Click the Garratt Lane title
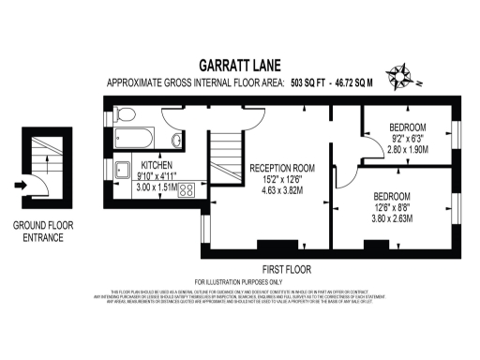click(239, 66)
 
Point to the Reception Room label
click(281, 168)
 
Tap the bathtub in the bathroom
click(139, 139)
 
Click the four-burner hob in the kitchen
click(186, 190)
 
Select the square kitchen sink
click(123, 171)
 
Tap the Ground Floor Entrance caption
click(37, 232)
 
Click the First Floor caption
click(238, 267)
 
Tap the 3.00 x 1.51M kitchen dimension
click(156, 186)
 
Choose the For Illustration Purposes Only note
click(238, 282)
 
